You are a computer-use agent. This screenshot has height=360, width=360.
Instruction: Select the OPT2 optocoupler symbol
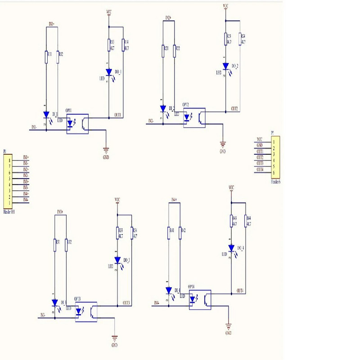click(194, 118)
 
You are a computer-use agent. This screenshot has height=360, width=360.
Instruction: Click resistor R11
click(46, 57)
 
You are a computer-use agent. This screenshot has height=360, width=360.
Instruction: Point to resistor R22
click(174, 50)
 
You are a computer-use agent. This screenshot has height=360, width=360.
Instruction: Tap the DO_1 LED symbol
click(108, 72)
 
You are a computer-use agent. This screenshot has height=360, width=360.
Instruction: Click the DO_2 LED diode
click(225, 66)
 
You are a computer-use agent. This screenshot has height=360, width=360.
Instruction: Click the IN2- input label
click(151, 121)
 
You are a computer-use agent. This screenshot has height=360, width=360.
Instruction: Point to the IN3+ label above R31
click(60, 211)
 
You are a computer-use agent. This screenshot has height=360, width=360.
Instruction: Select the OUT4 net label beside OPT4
click(240, 291)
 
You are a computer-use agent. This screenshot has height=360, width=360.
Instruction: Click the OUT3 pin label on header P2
click(260, 163)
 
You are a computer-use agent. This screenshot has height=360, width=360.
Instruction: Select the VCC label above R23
click(225, 6)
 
